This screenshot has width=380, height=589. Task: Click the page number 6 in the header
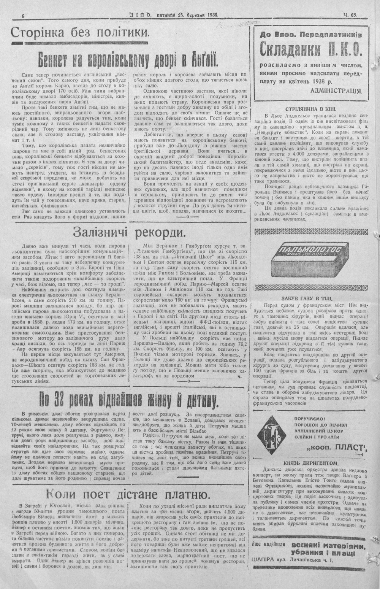(23, 16)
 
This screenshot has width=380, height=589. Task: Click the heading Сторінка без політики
(79, 33)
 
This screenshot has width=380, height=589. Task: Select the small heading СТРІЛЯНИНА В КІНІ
(310, 108)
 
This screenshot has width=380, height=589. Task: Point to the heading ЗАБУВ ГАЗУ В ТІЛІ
(310, 298)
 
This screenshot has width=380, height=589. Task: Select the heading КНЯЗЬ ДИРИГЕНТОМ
(310, 463)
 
